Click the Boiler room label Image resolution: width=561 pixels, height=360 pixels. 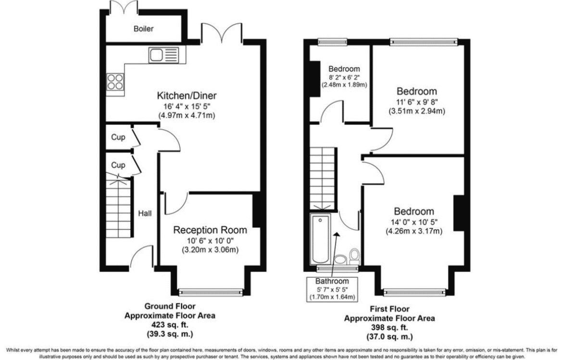[x=143, y=29]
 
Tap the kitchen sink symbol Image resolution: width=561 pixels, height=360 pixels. [x=163, y=55]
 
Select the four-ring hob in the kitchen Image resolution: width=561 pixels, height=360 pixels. [x=115, y=81]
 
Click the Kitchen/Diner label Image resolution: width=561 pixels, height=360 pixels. [x=187, y=96]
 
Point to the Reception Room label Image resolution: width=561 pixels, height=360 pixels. [x=210, y=230]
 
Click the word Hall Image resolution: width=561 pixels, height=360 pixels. [x=145, y=213]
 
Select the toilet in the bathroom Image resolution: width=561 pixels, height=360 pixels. [x=354, y=256]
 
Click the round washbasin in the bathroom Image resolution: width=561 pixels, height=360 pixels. [x=339, y=259]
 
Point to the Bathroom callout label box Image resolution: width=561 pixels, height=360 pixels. [x=332, y=289]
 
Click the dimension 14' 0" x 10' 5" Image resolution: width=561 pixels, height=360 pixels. [x=414, y=222]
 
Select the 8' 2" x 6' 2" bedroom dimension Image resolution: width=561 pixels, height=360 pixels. [x=344, y=77]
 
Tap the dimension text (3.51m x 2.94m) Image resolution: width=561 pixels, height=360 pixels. [x=417, y=112]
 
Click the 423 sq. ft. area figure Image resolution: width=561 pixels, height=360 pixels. [x=170, y=325]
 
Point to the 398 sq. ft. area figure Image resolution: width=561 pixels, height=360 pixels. [x=389, y=327]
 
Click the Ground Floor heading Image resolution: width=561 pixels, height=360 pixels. [x=170, y=306]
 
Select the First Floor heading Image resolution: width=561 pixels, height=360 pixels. [x=389, y=309]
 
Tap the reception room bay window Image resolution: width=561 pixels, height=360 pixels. [x=211, y=292]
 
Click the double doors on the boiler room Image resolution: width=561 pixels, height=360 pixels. [x=124, y=8]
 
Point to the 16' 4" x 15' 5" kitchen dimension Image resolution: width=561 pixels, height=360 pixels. [x=187, y=106]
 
